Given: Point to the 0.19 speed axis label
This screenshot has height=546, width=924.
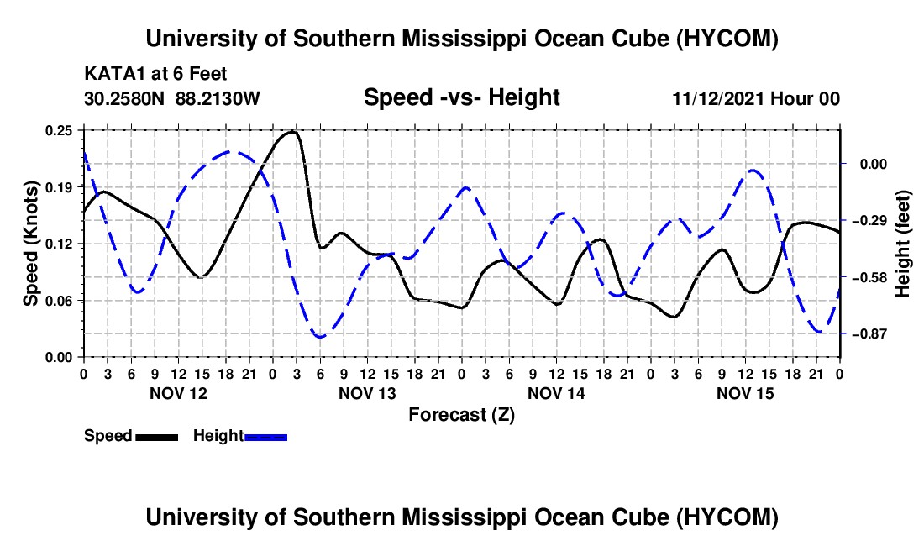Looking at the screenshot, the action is pyautogui.click(x=59, y=187).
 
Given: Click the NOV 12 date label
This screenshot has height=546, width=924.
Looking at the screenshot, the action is pyautogui.click(x=179, y=393).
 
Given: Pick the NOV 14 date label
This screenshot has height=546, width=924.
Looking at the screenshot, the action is pyautogui.click(x=556, y=393).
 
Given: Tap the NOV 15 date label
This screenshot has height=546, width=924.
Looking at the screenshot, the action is pyautogui.click(x=745, y=393).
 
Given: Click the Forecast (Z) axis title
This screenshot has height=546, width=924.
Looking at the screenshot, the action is pyautogui.click(x=462, y=415).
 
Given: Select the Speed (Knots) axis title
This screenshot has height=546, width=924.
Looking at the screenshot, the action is pyautogui.click(x=30, y=244).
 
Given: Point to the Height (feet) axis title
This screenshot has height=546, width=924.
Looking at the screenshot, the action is pyautogui.click(x=903, y=244).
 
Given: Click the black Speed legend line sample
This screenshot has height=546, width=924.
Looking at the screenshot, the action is pyautogui.click(x=157, y=438).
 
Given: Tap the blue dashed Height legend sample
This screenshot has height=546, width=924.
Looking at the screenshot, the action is pyautogui.click(x=265, y=438).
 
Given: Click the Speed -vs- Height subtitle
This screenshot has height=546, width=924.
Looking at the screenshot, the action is pyautogui.click(x=462, y=97).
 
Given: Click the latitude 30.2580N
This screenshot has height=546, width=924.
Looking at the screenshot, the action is pyautogui.click(x=124, y=98).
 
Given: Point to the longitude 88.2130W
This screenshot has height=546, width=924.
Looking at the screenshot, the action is pyautogui.click(x=218, y=98).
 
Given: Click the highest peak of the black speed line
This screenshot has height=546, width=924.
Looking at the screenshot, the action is pyautogui.click(x=293, y=131).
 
